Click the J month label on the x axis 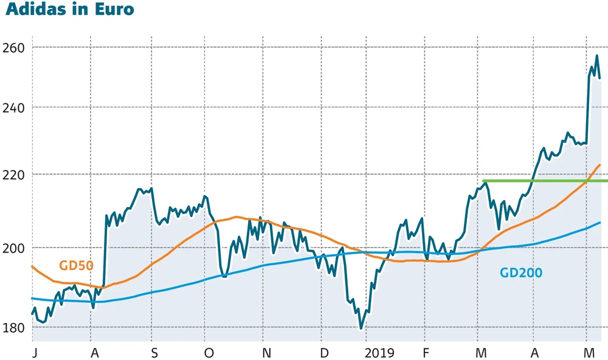(34, 353)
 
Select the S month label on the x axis (154, 353)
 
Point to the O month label (209, 353)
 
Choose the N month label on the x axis (266, 353)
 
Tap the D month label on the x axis (324, 353)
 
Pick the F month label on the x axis (426, 353)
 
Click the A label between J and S (94, 353)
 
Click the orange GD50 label (76, 265)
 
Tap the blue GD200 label (521, 273)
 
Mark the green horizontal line (541, 181)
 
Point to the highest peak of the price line (596, 56)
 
